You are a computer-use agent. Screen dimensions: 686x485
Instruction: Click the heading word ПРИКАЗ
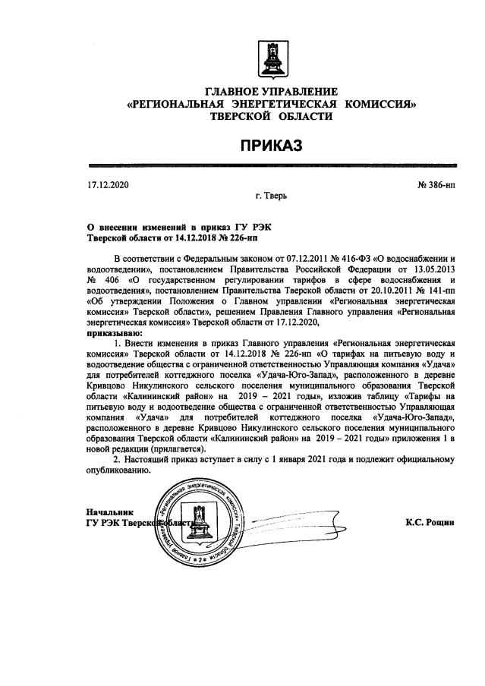[272, 144]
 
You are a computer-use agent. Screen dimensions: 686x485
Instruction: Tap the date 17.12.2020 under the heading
[109, 185]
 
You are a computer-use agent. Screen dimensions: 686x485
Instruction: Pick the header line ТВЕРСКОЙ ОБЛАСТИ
[272, 115]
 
